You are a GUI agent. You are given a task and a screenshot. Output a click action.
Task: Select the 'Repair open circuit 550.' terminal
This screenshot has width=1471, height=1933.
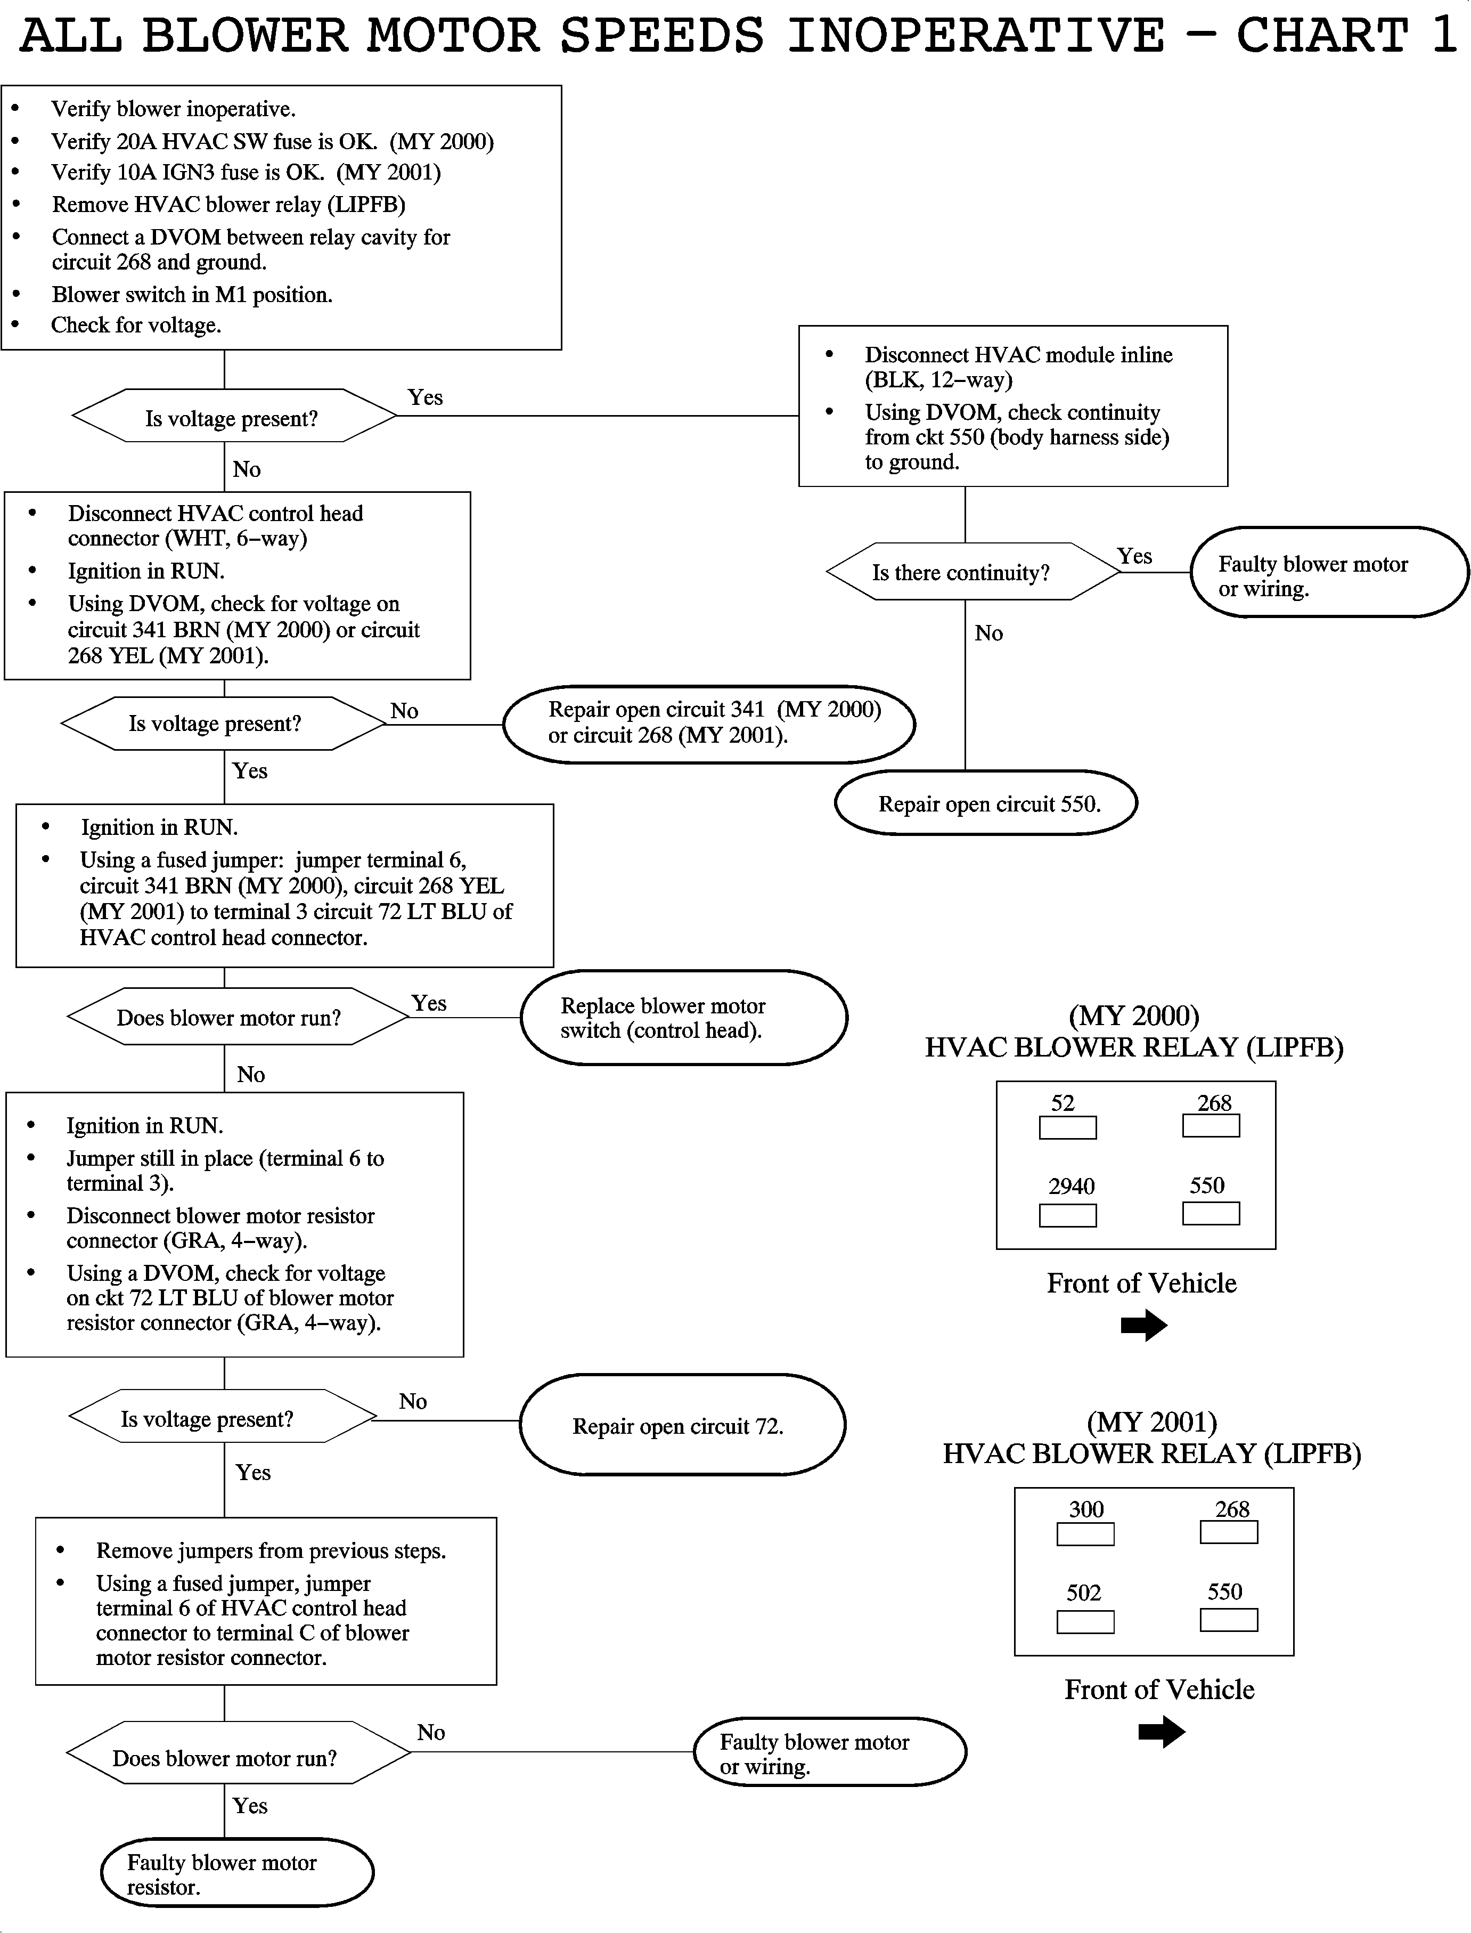[x=986, y=803]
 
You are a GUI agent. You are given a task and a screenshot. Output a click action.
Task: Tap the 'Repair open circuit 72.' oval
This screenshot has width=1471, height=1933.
[x=682, y=1425]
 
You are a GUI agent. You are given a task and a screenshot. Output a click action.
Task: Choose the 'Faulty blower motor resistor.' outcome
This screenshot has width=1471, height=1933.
[x=238, y=1874]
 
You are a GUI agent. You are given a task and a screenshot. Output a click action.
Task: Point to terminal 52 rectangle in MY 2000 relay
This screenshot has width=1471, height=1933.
[x=1067, y=1127]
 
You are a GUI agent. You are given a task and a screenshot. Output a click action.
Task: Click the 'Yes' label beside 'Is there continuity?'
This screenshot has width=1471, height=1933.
[x=1134, y=556]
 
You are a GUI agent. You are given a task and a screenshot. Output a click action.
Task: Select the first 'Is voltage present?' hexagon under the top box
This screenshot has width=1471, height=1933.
[x=233, y=418]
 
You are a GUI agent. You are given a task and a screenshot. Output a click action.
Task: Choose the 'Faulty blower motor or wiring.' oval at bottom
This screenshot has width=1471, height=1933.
[x=829, y=1752]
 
